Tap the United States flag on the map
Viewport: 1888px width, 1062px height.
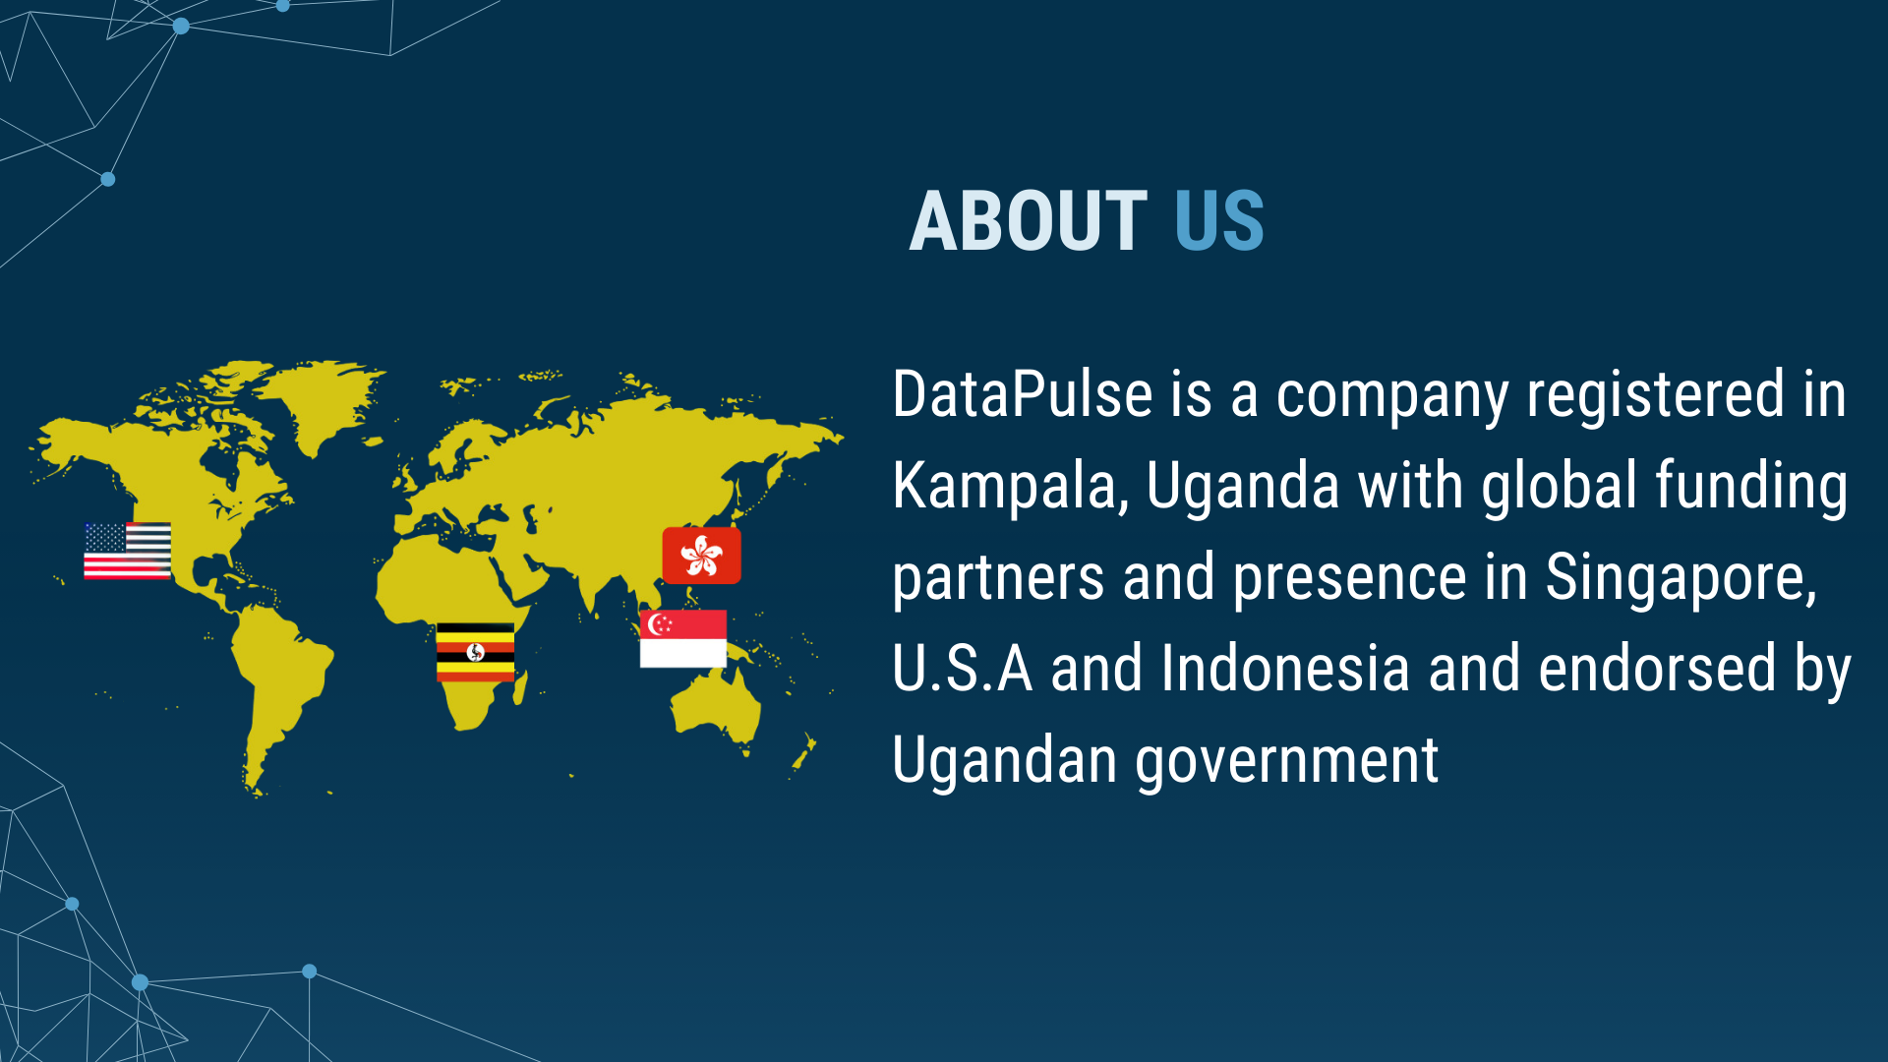[x=127, y=551]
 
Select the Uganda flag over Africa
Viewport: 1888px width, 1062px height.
[x=475, y=652]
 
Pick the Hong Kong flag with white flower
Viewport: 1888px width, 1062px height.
[x=701, y=556]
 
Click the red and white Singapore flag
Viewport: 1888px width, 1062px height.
[x=683, y=638]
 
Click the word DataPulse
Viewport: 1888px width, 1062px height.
[x=1023, y=395]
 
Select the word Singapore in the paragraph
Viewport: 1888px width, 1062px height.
[x=1681, y=578]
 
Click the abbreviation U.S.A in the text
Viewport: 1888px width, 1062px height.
[x=963, y=669]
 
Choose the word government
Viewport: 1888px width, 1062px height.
[x=1287, y=762]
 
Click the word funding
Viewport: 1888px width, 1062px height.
[x=1751, y=487]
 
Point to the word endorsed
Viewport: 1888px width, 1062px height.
[x=1657, y=669]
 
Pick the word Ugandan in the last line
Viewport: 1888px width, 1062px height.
[x=1005, y=762]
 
